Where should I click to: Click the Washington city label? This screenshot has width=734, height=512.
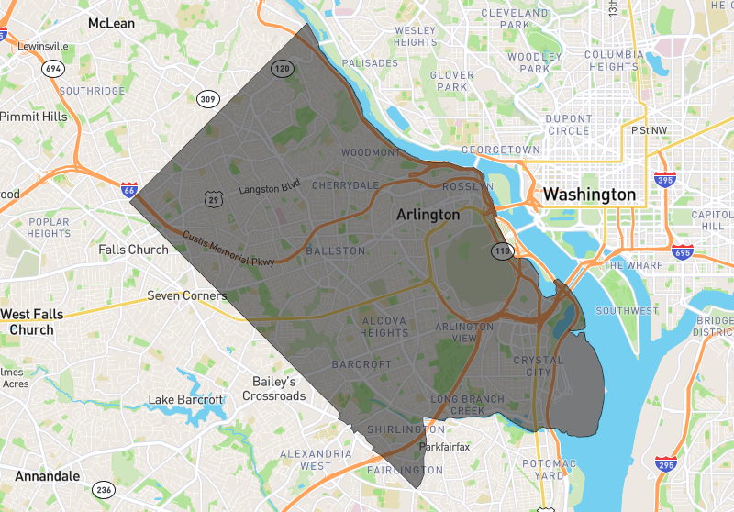(x=588, y=195)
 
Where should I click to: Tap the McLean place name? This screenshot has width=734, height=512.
(x=111, y=23)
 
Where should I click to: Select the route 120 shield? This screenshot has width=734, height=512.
(x=283, y=69)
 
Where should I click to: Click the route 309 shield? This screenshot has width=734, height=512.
(x=207, y=99)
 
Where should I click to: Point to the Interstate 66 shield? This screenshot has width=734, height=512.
(x=129, y=190)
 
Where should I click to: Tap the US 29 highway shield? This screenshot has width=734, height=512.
(x=213, y=198)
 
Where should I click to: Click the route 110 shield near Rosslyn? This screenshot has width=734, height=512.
(x=501, y=250)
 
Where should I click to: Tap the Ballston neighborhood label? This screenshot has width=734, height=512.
(x=336, y=250)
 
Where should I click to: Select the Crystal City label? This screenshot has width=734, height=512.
(x=538, y=366)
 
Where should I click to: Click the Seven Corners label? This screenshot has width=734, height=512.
(x=187, y=296)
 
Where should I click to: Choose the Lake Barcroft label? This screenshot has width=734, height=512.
(x=185, y=400)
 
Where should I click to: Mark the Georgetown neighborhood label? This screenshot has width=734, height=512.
(x=500, y=150)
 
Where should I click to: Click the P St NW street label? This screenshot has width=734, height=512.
(x=652, y=130)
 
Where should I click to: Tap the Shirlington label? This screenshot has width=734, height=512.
(x=406, y=429)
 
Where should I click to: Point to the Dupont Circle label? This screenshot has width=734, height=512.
(x=569, y=125)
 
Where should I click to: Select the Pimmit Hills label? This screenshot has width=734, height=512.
(x=34, y=117)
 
